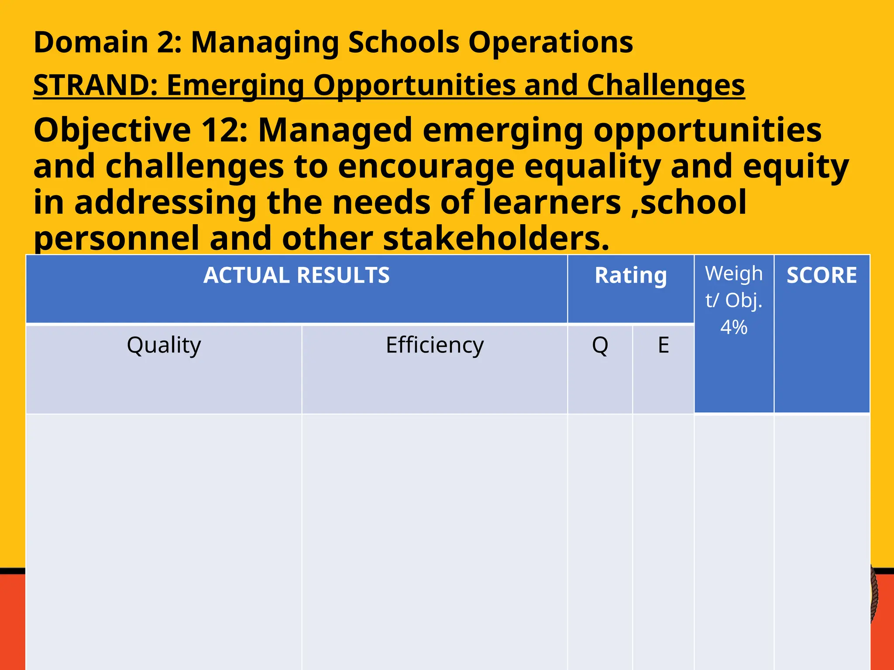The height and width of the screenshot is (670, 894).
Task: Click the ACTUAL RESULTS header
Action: click(x=296, y=276)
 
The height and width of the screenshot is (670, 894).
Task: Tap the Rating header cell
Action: click(x=631, y=276)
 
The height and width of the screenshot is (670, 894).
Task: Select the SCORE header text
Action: click(x=822, y=276)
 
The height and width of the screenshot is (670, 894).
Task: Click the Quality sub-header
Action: click(x=164, y=345)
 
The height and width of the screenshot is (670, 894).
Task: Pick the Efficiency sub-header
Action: click(x=435, y=345)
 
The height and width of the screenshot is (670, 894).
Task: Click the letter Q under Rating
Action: click(x=600, y=345)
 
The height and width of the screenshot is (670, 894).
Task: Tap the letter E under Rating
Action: click(x=663, y=345)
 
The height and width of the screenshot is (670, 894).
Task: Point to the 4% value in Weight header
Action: click(x=734, y=327)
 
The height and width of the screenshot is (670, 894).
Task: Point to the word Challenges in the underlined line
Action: click(x=666, y=85)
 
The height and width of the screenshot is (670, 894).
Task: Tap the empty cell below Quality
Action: click(x=164, y=541)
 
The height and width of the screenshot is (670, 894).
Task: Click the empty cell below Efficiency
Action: click(x=435, y=541)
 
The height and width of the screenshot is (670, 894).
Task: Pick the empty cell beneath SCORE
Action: click(x=822, y=541)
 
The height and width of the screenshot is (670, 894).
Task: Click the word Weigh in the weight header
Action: click(x=734, y=274)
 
